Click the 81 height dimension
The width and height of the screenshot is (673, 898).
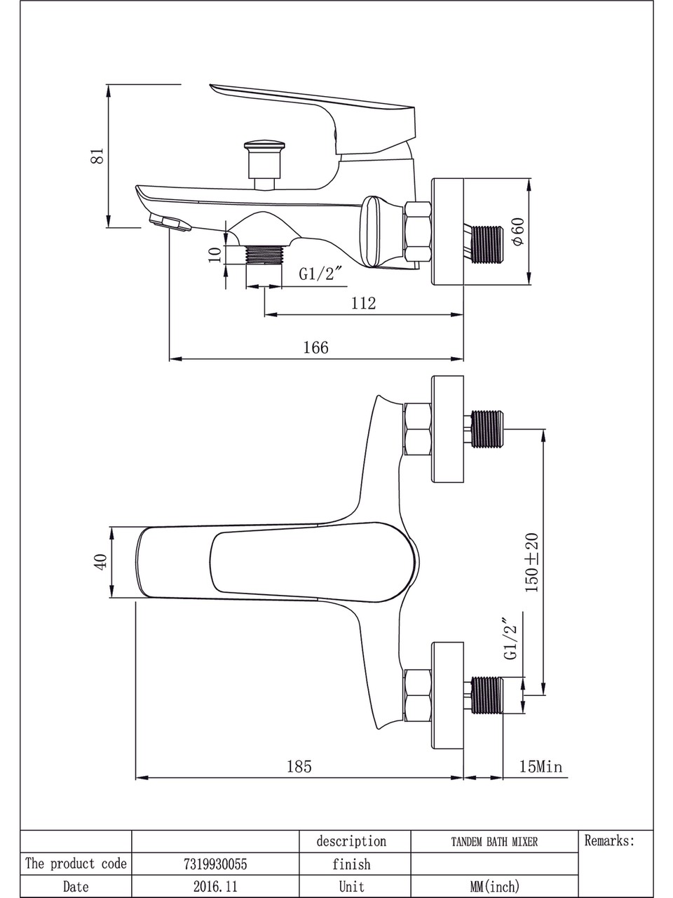(99, 155)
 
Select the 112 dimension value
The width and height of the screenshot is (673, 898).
(364, 303)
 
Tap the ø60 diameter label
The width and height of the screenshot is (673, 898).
(518, 232)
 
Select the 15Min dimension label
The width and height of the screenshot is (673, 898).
(541, 766)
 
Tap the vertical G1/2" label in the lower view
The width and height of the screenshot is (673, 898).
(510, 638)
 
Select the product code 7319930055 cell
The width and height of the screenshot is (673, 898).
(215, 864)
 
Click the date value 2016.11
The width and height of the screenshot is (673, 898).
(215, 887)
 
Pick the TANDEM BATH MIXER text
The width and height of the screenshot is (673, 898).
(494, 842)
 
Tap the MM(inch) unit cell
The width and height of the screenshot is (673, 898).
(494, 887)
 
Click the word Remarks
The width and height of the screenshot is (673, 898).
(609, 841)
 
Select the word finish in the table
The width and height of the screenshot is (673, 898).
(351, 864)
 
